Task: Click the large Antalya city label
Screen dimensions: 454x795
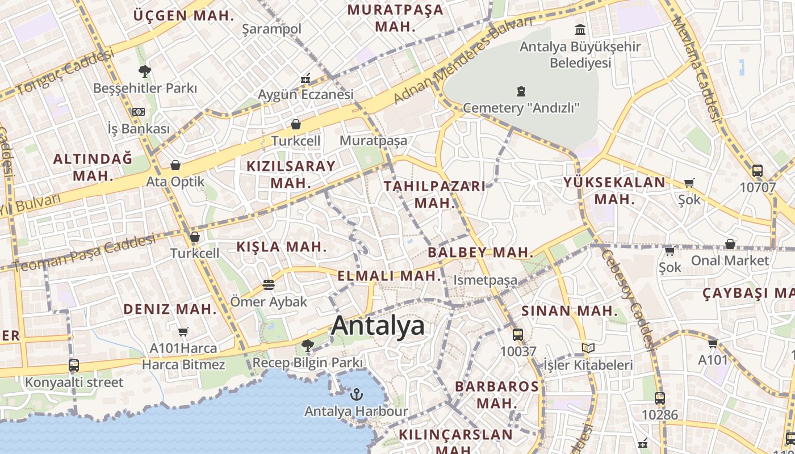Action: [x=378, y=326]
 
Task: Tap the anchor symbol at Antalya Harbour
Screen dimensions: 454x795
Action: [x=357, y=394]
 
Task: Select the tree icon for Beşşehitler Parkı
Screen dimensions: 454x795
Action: [x=145, y=72]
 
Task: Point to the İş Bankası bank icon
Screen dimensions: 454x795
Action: [x=139, y=112]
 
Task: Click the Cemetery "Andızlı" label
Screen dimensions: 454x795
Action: [x=521, y=107]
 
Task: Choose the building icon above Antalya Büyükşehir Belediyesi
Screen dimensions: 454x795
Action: [x=580, y=30]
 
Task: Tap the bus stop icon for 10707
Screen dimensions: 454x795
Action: [x=757, y=170]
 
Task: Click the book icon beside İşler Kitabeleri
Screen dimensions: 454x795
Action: [x=588, y=348]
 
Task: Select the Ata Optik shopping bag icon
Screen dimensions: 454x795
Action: [x=175, y=165]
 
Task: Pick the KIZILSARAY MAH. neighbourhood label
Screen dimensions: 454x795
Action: [x=291, y=174]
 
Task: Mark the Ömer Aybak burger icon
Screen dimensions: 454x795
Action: [x=269, y=285]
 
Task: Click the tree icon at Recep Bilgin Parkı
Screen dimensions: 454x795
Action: [x=307, y=345]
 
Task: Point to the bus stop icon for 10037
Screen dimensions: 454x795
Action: [x=517, y=335]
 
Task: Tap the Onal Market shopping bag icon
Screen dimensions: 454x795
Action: [x=730, y=244]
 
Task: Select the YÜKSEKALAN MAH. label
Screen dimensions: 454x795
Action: [x=614, y=191]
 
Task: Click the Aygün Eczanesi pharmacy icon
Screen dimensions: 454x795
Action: [x=306, y=78]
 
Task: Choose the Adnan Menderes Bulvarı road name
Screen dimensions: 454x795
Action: [x=463, y=61]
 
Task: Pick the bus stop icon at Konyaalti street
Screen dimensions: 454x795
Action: [x=74, y=365]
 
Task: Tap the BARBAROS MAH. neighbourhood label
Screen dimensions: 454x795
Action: [x=497, y=394]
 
